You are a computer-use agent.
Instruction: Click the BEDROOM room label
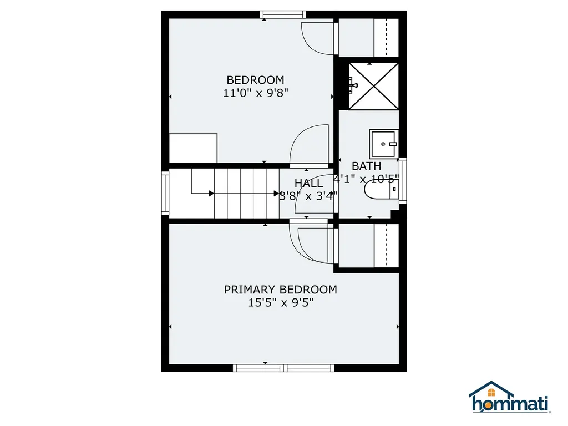[255, 80]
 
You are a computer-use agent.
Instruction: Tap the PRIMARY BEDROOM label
[280, 290]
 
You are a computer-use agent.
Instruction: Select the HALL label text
[308, 184]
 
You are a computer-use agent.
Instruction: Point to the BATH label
[367, 166]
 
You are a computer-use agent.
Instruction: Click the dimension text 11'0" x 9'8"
[255, 93]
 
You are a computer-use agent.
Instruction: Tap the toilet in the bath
[381, 191]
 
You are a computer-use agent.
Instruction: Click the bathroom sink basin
[383, 144]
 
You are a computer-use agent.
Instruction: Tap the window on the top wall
[283, 14]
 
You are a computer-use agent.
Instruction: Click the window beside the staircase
[165, 192]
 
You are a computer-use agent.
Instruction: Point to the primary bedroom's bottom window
[283, 368]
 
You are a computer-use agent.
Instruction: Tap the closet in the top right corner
[368, 37]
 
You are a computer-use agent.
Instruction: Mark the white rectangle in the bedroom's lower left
[193, 148]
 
